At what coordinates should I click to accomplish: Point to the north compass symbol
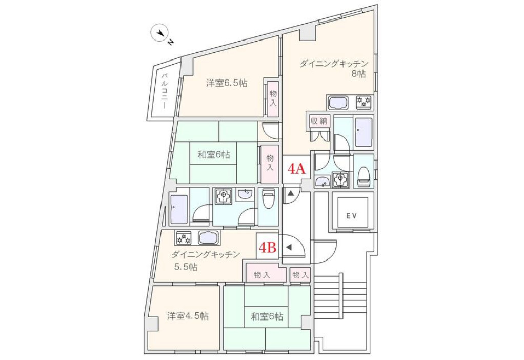click(x=162, y=34)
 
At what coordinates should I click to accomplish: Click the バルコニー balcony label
click(x=165, y=90)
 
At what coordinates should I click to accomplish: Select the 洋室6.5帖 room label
click(x=227, y=83)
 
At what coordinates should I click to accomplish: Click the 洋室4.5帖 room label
click(x=188, y=315)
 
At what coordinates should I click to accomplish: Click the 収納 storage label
click(x=319, y=121)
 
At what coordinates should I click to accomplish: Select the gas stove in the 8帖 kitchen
click(x=363, y=102)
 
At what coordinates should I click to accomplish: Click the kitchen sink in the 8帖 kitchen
click(x=339, y=102)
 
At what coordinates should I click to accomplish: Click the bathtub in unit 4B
click(x=179, y=210)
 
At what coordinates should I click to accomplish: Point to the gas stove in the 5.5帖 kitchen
click(x=184, y=238)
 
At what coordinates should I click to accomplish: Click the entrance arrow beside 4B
click(x=289, y=248)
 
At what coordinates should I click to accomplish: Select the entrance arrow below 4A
click(x=290, y=193)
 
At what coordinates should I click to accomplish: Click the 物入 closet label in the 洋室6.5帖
click(x=273, y=98)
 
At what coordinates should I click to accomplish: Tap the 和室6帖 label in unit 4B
click(x=267, y=316)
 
